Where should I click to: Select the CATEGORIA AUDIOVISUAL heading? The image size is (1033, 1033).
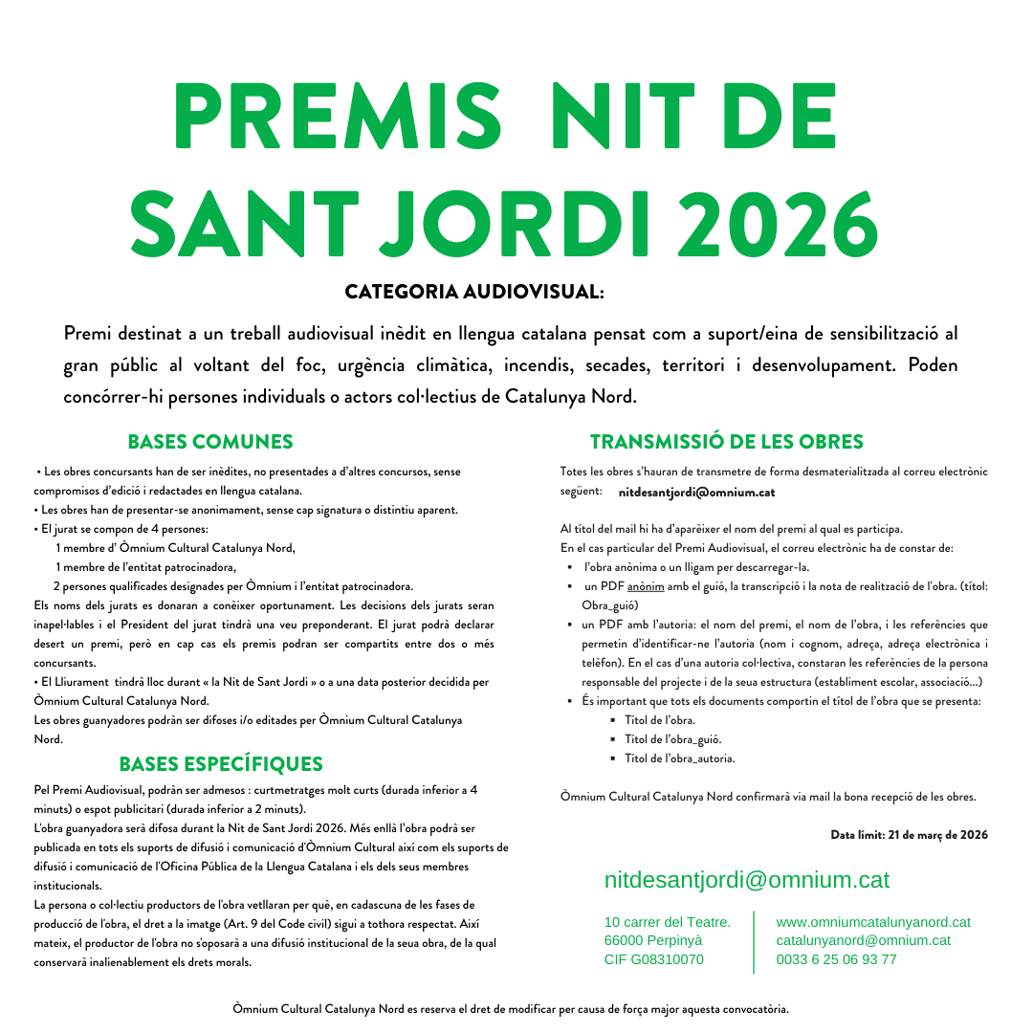point(474,291)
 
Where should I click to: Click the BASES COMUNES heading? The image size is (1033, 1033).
point(210,442)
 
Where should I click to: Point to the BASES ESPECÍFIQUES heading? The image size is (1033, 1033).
point(221,764)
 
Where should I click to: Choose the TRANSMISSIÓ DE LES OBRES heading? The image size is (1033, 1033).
point(727,442)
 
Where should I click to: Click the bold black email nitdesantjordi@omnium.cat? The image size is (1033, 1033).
point(696,493)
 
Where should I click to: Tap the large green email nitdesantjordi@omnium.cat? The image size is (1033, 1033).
point(747,880)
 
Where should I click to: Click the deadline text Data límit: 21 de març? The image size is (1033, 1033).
point(909,835)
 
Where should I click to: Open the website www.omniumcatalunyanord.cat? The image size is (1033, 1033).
point(873,922)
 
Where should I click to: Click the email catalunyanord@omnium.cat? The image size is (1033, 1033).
point(864,940)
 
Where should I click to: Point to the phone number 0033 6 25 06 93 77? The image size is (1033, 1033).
point(837,959)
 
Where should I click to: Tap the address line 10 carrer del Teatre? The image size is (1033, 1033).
point(668,922)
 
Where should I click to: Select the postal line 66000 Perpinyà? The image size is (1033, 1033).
point(654,940)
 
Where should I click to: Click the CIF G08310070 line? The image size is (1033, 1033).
point(654,959)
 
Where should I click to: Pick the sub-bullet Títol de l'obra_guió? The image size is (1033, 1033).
point(672,739)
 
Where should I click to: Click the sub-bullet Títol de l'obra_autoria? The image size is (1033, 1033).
point(679,758)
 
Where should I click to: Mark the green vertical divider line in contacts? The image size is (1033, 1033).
point(754,941)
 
